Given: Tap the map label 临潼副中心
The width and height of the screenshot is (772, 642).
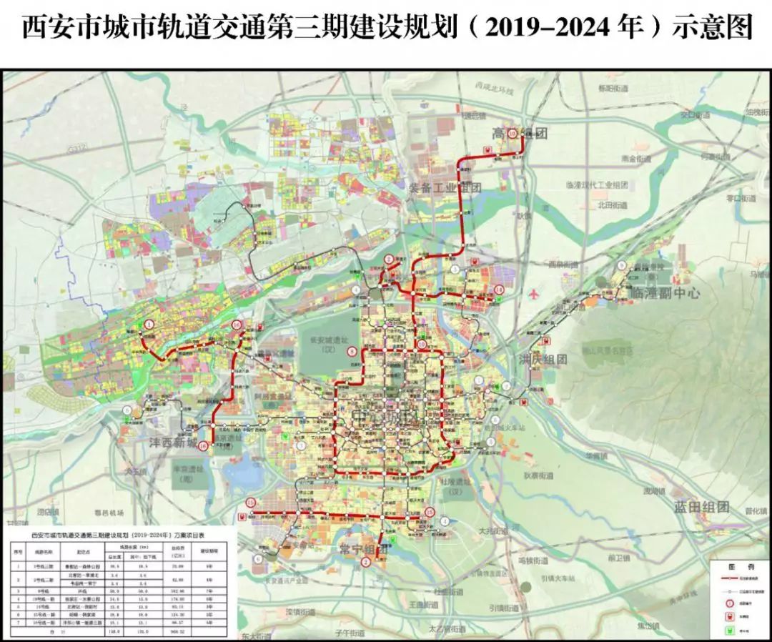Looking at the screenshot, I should tap(665, 293).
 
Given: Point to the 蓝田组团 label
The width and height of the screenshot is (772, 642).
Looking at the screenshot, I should tap(702, 507).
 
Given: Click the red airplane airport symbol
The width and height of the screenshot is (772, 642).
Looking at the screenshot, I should tap(534, 294).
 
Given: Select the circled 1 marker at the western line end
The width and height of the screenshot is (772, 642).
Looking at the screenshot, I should tap(149, 325).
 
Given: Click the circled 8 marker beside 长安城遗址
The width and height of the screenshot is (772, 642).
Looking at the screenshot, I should tap(352, 352).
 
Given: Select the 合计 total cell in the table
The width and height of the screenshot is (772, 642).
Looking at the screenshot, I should tap(43, 631).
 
